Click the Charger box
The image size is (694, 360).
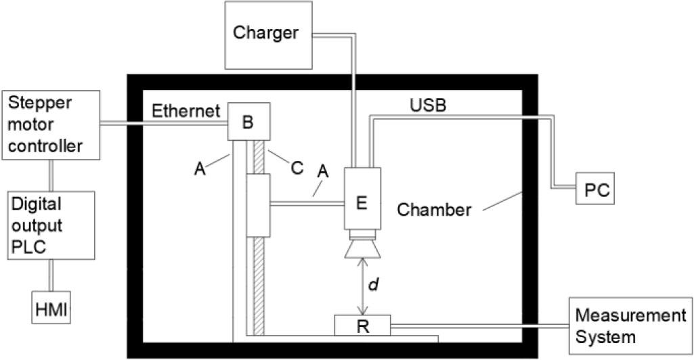(265, 34)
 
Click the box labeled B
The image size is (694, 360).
(248, 122)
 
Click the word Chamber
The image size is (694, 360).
(433, 209)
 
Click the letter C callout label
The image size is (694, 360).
(296, 166)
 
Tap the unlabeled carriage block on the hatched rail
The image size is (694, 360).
(258, 204)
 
